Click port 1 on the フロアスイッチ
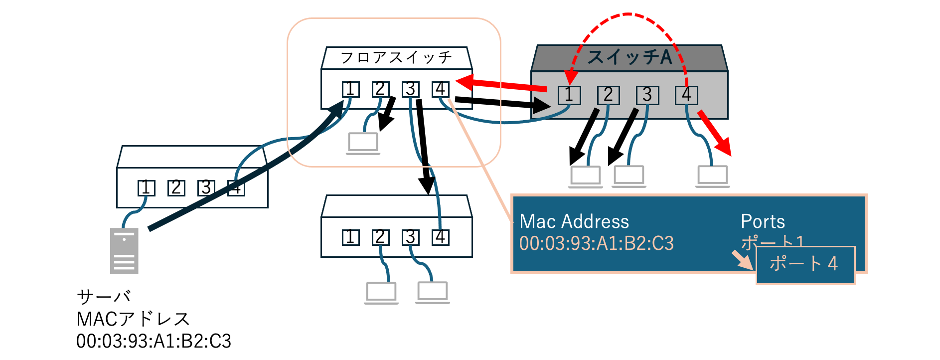[350, 89]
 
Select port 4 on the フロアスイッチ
[440, 89]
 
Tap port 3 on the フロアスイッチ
[410, 89]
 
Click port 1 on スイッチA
[569, 95]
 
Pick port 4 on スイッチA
[686, 95]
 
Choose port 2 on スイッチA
[608, 95]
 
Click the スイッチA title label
[629, 57]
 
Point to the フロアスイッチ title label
[396, 57]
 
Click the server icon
[124, 251]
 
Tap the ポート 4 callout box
[805, 264]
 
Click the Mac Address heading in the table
[574, 221]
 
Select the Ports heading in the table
[763, 221]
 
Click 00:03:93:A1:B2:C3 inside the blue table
[596, 243]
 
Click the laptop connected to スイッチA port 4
[713, 176]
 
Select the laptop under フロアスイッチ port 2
[363, 143]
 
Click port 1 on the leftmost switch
[146, 188]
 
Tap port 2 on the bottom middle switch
[380, 237]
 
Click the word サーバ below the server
[104, 297]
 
